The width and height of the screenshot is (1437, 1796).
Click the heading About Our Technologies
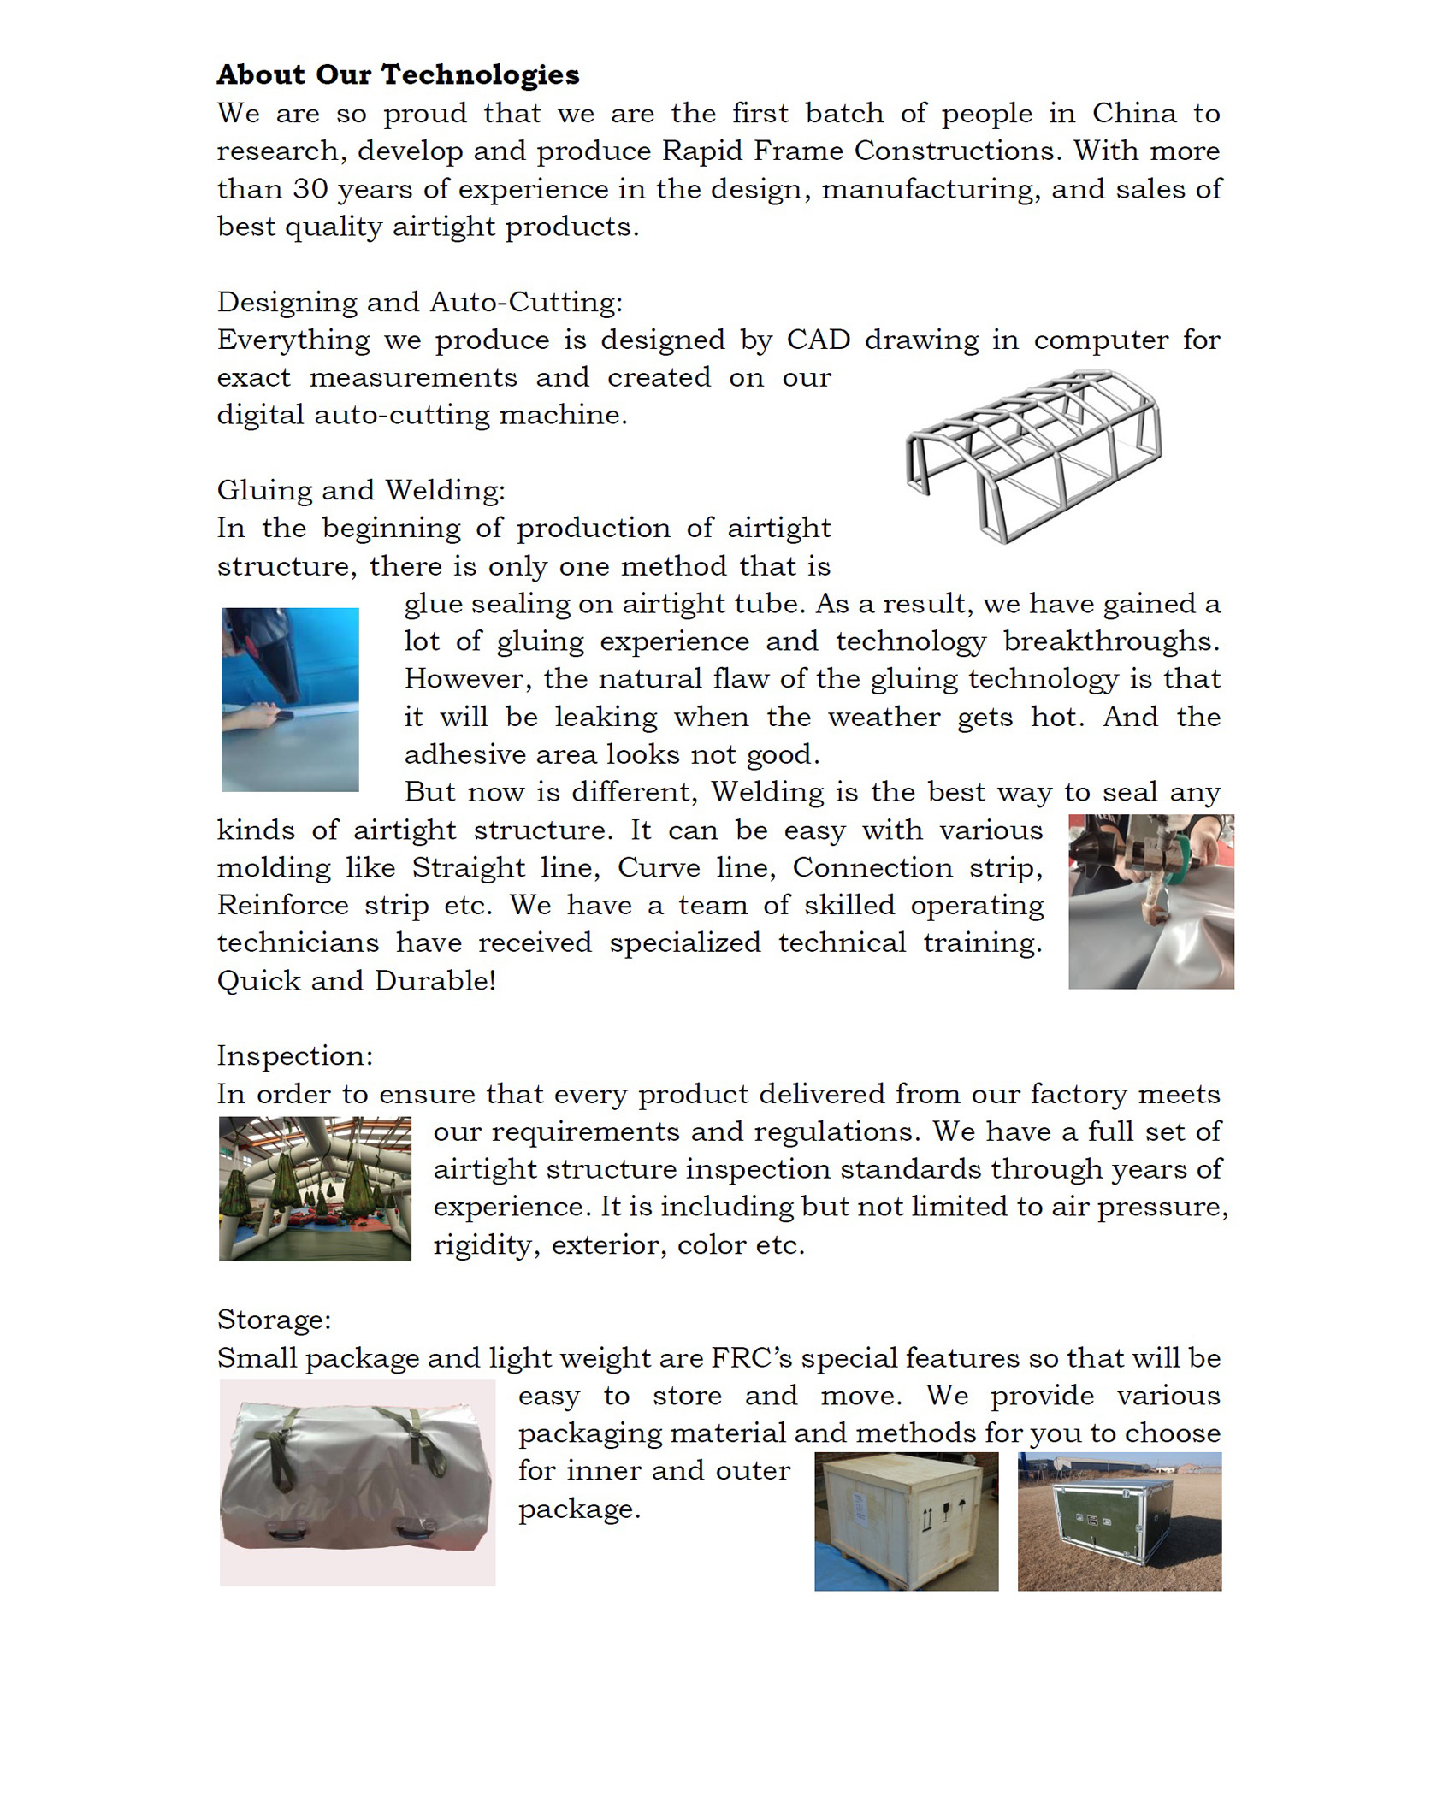[x=398, y=74]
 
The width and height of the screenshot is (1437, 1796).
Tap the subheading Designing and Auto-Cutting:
[x=420, y=302]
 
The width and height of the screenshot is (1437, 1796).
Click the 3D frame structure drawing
[x=1033, y=455]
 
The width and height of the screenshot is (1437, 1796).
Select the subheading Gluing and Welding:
[x=361, y=490]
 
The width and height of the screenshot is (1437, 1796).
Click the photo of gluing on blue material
[x=290, y=699]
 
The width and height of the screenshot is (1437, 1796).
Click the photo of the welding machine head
[x=1150, y=901]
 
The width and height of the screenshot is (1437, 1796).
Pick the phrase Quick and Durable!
[x=357, y=980]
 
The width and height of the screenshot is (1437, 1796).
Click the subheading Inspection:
[x=295, y=1055]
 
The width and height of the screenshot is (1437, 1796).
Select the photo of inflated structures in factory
[x=315, y=1188]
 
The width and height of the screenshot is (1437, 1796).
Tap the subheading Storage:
[x=274, y=1320]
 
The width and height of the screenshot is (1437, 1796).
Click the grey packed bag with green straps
[x=357, y=1482]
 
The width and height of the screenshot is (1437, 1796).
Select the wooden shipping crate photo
[x=906, y=1521]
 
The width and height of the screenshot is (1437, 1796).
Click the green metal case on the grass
[x=1119, y=1521]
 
